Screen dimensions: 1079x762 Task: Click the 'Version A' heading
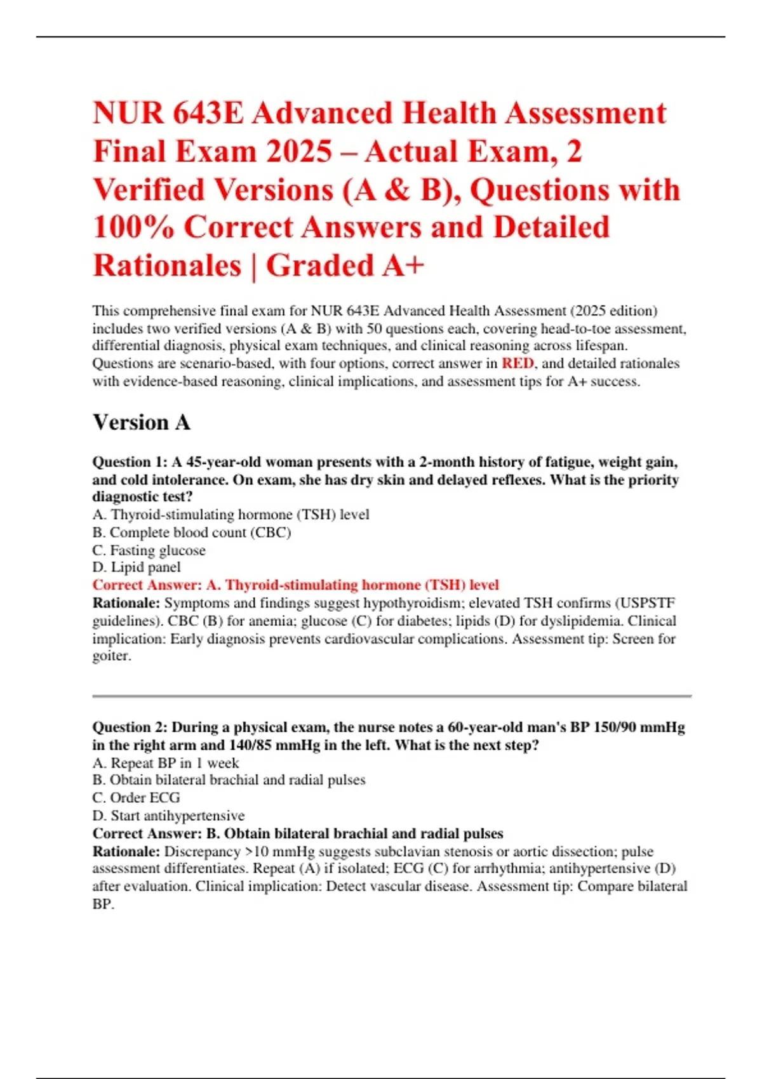pos(142,423)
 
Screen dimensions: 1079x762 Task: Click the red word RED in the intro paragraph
pos(518,364)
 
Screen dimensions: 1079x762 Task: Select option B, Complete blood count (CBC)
pos(192,533)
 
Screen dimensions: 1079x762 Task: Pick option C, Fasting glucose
pos(149,550)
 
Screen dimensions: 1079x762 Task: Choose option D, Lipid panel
pos(137,567)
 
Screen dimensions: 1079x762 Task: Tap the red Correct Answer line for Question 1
pos(296,585)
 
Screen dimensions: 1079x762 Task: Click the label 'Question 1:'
pos(130,462)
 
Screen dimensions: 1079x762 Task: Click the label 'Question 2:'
pos(130,727)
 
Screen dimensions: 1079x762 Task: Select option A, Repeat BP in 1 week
pos(166,763)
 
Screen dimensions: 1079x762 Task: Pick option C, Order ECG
pos(137,798)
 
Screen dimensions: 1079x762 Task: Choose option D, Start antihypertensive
pos(168,816)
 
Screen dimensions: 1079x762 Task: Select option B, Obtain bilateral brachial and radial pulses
pos(229,780)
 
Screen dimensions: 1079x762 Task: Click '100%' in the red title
pos(133,228)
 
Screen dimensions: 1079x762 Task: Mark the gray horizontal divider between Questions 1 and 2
pos(391,696)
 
